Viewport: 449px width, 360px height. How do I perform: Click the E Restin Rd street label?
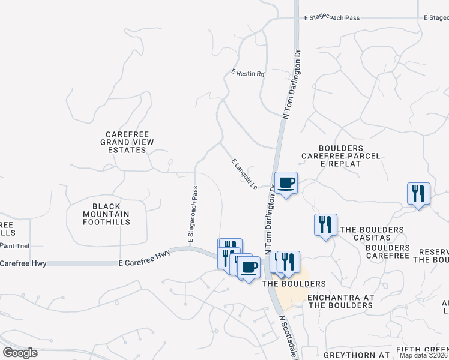pyautogui.click(x=248, y=74)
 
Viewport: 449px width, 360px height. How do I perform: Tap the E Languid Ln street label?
pyautogui.click(x=244, y=174)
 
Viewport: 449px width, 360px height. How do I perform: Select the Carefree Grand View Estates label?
pyautogui.click(x=127, y=142)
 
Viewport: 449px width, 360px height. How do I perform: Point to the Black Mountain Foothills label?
pyautogui.click(x=106, y=214)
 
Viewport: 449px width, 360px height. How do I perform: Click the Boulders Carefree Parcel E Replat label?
pyautogui.click(x=341, y=156)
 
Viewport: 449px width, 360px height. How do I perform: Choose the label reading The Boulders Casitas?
pyautogui.click(x=372, y=234)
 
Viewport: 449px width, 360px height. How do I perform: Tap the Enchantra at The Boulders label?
pyautogui.click(x=340, y=301)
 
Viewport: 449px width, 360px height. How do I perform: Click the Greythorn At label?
pyautogui.click(x=357, y=355)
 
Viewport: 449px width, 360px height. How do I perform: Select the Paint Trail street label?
pyautogui.click(x=14, y=246)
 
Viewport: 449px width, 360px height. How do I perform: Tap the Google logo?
pyautogui.click(x=20, y=353)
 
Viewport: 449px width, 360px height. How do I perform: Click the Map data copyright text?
pyautogui.click(x=423, y=356)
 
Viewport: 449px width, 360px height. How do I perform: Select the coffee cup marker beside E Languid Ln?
pyautogui.click(x=286, y=182)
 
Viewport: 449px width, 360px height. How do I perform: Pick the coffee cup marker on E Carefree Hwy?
pyautogui.click(x=249, y=267)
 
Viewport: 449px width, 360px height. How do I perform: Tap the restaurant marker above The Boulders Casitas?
pyautogui.click(x=325, y=225)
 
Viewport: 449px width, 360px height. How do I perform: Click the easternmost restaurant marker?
pyautogui.click(x=418, y=193)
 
